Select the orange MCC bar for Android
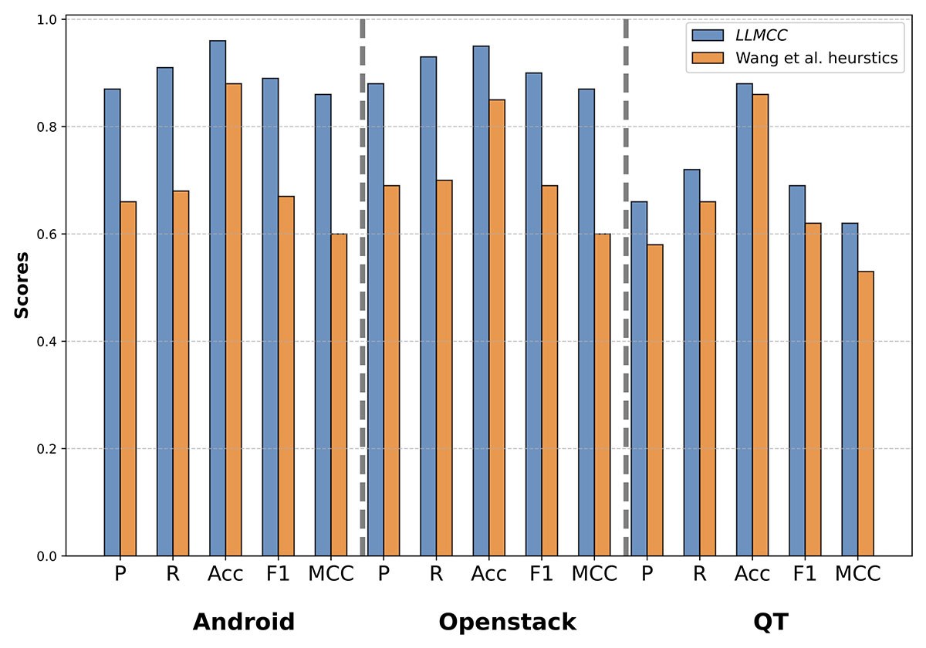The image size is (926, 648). (x=339, y=394)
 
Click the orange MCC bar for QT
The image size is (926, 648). (x=865, y=413)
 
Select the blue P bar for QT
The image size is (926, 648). (x=639, y=378)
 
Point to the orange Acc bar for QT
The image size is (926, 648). (x=760, y=325)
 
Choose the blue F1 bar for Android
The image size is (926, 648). (x=270, y=316)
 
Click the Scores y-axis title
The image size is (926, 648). (x=22, y=285)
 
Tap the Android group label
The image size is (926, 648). (x=243, y=622)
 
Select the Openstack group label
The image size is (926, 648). (x=507, y=622)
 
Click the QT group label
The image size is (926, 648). (x=769, y=622)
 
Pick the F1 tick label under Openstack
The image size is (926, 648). (x=542, y=575)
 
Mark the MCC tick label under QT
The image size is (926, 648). (x=857, y=575)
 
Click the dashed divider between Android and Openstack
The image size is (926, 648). (x=362, y=285)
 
